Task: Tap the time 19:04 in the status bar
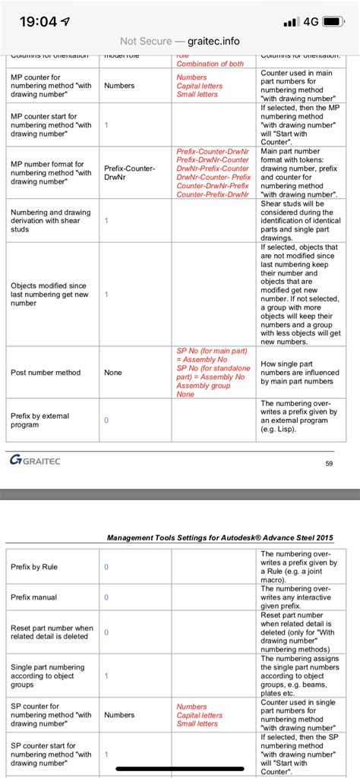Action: (37, 22)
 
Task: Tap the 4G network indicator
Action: (310, 22)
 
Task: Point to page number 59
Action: (329, 464)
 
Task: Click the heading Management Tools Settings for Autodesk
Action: (219, 538)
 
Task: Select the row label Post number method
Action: (46, 373)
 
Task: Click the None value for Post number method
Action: (113, 373)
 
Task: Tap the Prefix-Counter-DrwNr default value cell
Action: (129, 173)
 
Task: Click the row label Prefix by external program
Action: (40, 420)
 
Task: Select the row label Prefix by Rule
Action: (34, 567)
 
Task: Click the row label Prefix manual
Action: (33, 597)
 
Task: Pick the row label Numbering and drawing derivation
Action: (50, 220)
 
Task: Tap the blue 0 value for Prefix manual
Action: (106, 597)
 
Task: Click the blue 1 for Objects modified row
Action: (106, 294)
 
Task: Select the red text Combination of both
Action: (210, 64)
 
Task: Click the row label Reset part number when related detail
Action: (52, 632)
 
